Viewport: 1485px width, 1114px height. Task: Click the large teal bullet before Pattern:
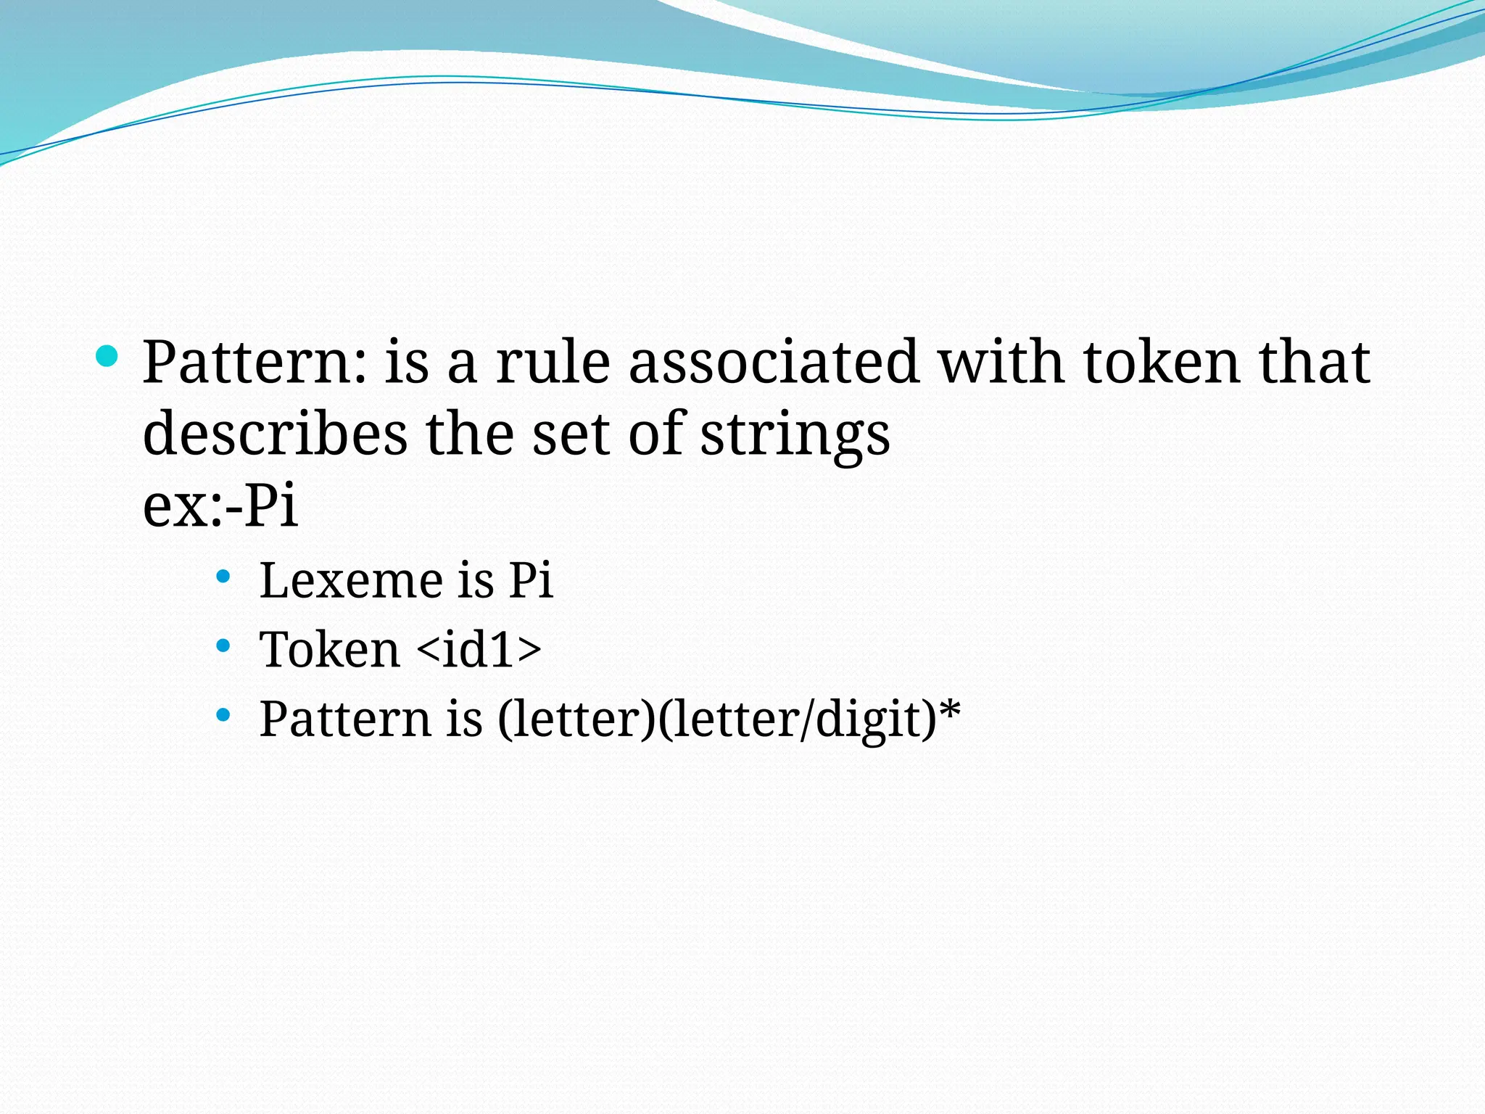pos(107,357)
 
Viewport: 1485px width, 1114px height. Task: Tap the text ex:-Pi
pos(220,505)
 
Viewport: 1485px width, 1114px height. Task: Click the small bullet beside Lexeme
pos(223,577)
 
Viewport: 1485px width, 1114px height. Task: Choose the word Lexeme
pos(351,580)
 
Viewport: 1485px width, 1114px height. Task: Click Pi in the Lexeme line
pos(531,580)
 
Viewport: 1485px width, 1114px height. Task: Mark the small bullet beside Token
pos(223,645)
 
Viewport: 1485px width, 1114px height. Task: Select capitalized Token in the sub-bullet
pos(330,649)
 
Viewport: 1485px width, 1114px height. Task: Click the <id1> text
pos(479,649)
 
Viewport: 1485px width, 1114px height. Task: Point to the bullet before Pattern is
pos(223,715)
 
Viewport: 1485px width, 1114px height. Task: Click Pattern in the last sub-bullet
pos(345,719)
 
